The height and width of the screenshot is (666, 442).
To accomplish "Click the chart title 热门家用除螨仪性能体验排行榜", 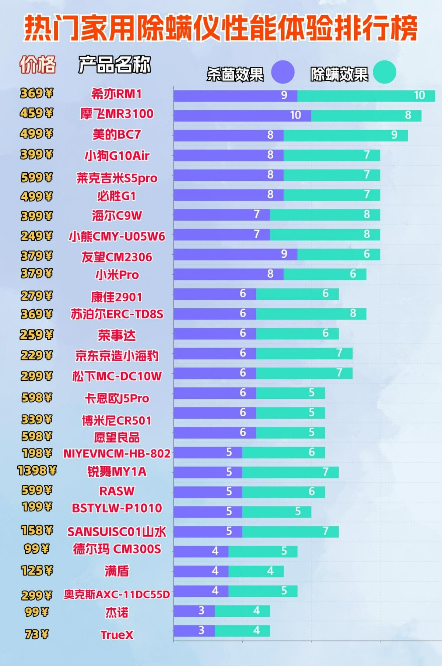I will point(221,29).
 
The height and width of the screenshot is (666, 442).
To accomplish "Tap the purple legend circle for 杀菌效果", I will point(283,72).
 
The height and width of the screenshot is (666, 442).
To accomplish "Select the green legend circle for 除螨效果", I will point(384,72).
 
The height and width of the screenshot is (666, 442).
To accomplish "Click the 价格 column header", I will point(38,65).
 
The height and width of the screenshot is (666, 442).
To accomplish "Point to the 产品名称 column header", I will point(115,65).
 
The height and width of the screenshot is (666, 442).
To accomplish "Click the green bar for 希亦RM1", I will point(366,96).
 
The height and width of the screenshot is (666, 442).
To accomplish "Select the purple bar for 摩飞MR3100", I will point(242,116).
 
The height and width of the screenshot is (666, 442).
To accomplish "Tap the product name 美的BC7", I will point(117,135).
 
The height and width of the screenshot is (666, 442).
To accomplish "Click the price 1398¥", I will point(37,471).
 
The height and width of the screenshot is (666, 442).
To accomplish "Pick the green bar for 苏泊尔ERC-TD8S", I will point(311,314).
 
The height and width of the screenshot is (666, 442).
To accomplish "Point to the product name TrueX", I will point(117,635).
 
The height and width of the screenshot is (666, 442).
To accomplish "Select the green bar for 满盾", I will point(256,571).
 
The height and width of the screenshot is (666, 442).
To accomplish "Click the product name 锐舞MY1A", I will point(117,472).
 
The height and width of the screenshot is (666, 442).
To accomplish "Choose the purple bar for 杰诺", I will point(194,611).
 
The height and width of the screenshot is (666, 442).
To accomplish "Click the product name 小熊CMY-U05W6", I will point(117,236).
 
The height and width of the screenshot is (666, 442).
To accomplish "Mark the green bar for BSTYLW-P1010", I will point(277,512).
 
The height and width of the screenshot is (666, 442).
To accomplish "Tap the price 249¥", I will point(36,236).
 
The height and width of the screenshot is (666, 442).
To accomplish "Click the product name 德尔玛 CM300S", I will point(117,549).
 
